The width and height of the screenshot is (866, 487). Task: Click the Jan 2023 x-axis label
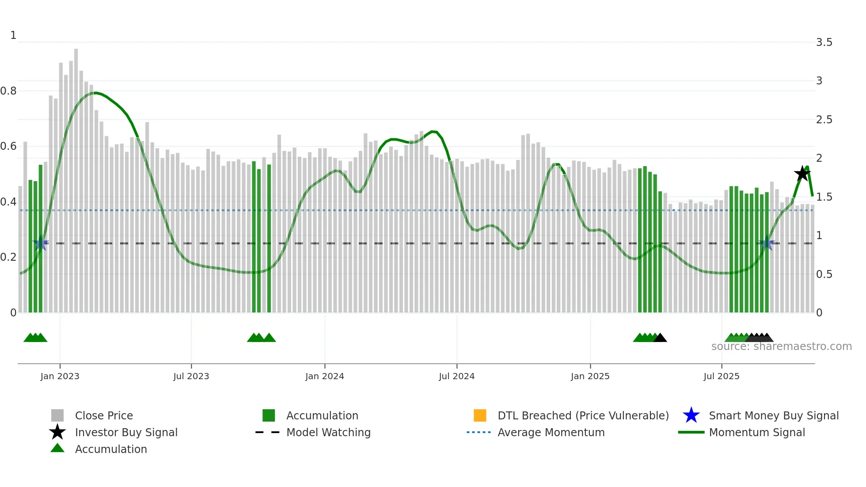[x=60, y=376]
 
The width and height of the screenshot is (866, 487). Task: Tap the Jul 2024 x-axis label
[x=456, y=376]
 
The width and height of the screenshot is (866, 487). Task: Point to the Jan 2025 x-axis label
[x=590, y=376]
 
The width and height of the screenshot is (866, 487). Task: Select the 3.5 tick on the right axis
[x=824, y=42]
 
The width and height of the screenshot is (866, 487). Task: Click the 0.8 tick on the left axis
[x=8, y=91]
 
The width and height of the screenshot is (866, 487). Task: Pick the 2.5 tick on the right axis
[x=824, y=120]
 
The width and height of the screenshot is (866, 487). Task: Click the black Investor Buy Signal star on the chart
[x=802, y=174]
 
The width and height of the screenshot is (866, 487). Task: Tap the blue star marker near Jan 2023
[x=41, y=243]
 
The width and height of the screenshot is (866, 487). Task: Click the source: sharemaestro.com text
[x=781, y=346]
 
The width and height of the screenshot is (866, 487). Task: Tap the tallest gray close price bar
[x=76, y=177]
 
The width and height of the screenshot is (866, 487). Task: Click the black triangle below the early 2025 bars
[x=660, y=338]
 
